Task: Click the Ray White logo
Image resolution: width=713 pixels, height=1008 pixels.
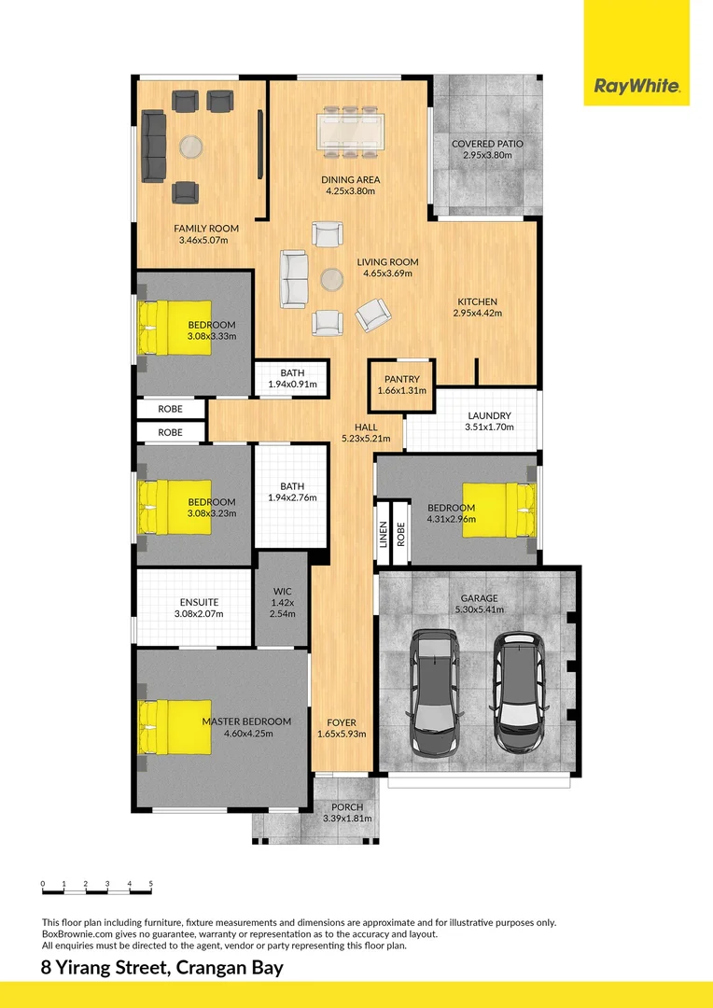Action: pyautogui.click(x=636, y=88)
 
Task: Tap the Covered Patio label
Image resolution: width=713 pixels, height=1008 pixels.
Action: pyautogui.click(x=487, y=144)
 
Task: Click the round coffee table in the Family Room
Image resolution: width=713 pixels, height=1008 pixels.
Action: pyautogui.click(x=190, y=147)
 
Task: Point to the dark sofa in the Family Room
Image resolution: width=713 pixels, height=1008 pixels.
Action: pyautogui.click(x=154, y=147)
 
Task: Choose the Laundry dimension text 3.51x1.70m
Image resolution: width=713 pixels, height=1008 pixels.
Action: pyautogui.click(x=489, y=427)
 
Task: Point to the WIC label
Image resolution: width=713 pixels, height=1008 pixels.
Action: pyautogui.click(x=283, y=591)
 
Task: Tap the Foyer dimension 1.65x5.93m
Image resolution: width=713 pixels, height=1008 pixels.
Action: pyautogui.click(x=342, y=734)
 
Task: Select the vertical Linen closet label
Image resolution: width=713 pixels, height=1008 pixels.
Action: pyautogui.click(x=383, y=533)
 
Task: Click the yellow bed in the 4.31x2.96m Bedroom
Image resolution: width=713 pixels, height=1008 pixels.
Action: pyautogui.click(x=495, y=511)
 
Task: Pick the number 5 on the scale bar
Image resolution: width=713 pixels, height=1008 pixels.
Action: pyautogui.click(x=150, y=882)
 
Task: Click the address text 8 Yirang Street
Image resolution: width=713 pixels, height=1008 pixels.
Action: pyautogui.click(x=105, y=968)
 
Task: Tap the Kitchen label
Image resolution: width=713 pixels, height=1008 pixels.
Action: pyautogui.click(x=477, y=301)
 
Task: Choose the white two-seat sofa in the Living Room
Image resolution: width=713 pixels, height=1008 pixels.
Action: pyautogui.click(x=294, y=278)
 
